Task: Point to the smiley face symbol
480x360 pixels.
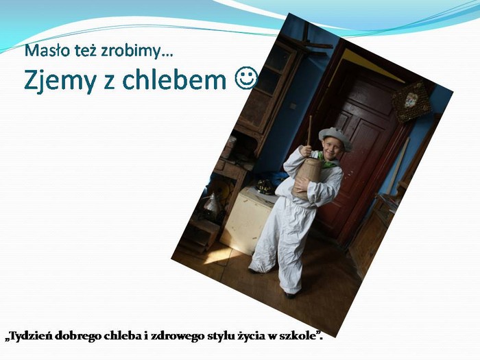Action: tap(246, 77)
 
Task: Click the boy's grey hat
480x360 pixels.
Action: tap(335, 138)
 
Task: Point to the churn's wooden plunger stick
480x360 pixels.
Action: tap(309, 131)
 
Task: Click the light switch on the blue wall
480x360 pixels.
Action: tap(293, 106)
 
